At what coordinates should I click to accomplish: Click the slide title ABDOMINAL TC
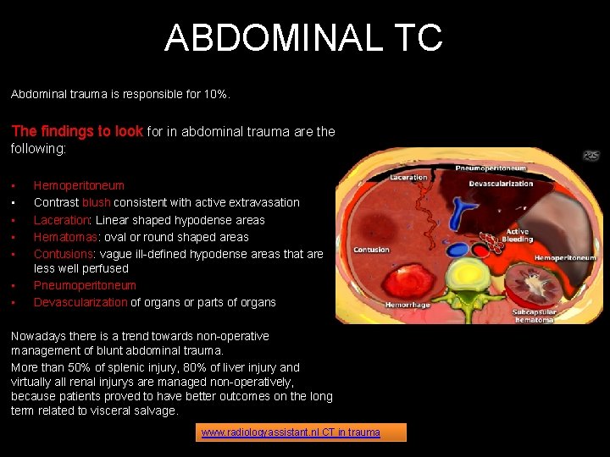[x=303, y=38]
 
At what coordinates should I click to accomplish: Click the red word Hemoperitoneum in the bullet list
[x=79, y=185]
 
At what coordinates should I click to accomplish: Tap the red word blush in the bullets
[x=96, y=202]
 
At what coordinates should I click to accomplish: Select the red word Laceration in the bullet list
[x=60, y=220]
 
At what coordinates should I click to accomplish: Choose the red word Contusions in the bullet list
[x=64, y=254]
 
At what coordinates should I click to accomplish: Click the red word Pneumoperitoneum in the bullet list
[x=85, y=285]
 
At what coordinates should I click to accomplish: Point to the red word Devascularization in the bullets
[x=80, y=302]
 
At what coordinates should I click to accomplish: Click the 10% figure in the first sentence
[x=215, y=95]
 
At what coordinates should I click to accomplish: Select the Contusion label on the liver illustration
[x=371, y=250]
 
